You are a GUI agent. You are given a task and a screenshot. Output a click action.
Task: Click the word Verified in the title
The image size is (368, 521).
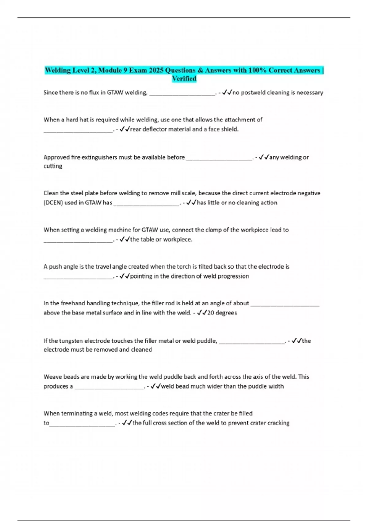184,79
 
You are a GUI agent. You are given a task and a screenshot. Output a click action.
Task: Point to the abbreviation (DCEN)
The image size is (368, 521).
53,203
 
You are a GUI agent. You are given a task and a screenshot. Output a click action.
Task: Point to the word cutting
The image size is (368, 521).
53,166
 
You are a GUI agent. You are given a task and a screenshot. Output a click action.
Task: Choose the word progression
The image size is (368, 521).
232,276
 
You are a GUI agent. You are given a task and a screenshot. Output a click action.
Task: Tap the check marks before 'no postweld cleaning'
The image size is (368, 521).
227,92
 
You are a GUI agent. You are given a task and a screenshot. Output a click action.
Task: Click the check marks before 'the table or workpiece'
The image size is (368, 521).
125,239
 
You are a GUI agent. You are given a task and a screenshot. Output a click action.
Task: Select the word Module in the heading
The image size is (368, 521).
110,70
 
